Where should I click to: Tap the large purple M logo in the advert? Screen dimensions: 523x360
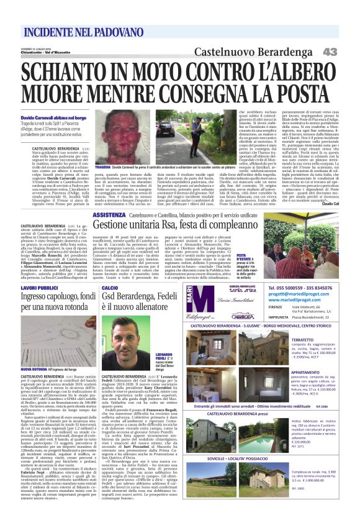coord(197,300)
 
